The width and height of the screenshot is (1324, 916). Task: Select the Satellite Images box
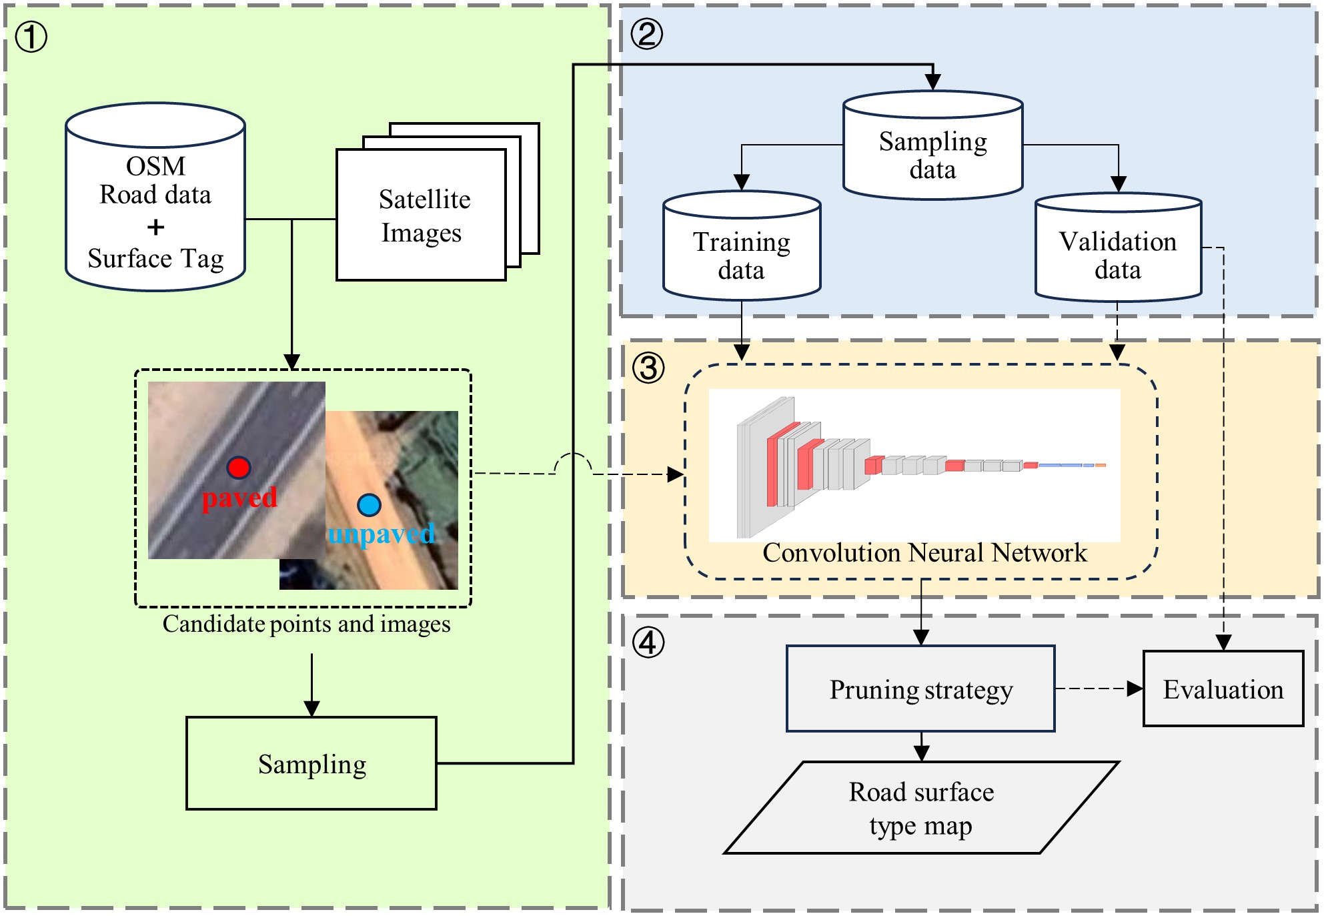point(422,215)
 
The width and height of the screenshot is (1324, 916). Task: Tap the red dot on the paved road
point(238,468)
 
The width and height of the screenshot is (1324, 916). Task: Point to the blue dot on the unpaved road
point(369,505)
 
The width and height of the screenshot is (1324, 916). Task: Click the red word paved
point(239,498)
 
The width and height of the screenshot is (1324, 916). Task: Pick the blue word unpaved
point(381,534)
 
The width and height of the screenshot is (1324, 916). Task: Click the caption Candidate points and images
point(306,624)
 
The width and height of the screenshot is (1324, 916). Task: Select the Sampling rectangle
point(311,764)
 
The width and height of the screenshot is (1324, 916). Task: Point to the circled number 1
point(31,37)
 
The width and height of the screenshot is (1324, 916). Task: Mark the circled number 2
point(647,33)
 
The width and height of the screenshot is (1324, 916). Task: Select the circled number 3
point(648,368)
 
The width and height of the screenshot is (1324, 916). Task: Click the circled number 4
point(648,642)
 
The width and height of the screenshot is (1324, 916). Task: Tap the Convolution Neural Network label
point(924,553)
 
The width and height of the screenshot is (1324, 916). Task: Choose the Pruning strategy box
point(920,689)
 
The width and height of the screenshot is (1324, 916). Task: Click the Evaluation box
point(1223,689)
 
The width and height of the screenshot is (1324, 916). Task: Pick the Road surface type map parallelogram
point(921,808)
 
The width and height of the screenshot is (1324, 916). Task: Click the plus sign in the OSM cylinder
point(155,227)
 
